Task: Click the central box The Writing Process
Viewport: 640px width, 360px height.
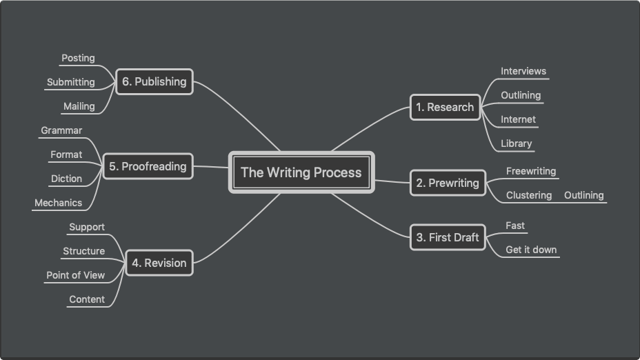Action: pyautogui.click(x=301, y=172)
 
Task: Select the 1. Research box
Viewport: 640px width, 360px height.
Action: pyautogui.click(x=445, y=108)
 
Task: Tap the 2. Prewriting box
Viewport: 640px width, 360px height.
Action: pyautogui.click(x=448, y=183)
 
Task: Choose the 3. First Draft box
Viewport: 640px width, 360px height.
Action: pyautogui.click(x=448, y=237)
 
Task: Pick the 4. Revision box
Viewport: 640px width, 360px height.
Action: pyautogui.click(x=159, y=263)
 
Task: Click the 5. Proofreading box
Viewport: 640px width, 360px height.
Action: pyautogui.click(x=148, y=166)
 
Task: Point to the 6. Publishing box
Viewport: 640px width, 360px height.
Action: pyautogui.click(x=154, y=81)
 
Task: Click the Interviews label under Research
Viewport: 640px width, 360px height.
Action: pyautogui.click(x=523, y=71)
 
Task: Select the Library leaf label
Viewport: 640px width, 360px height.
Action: pyautogui.click(x=517, y=143)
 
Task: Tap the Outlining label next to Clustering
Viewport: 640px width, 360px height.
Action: pyautogui.click(x=583, y=195)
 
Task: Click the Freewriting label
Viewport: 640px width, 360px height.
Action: pyautogui.click(x=531, y=171)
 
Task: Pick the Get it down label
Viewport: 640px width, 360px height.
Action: pyautogui.click(x=531, y=250)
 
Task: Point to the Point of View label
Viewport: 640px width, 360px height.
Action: pyautogui.click(x=75, y=275)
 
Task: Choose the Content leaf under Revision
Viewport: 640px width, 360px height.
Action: pyautogui.click(x=87, y=299)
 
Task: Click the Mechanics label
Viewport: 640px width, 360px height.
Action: pyautogui.click(x=59, y=203)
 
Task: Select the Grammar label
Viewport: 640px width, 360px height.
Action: pyautogui.click(x=61, y=130)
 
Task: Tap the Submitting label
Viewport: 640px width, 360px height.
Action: pyautogui.click(x=70, y=82)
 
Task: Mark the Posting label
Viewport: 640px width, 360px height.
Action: pyautogui.click(x=78, y=58)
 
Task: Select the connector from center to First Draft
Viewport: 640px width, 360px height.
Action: pyautogui.click(x=370, y=217)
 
